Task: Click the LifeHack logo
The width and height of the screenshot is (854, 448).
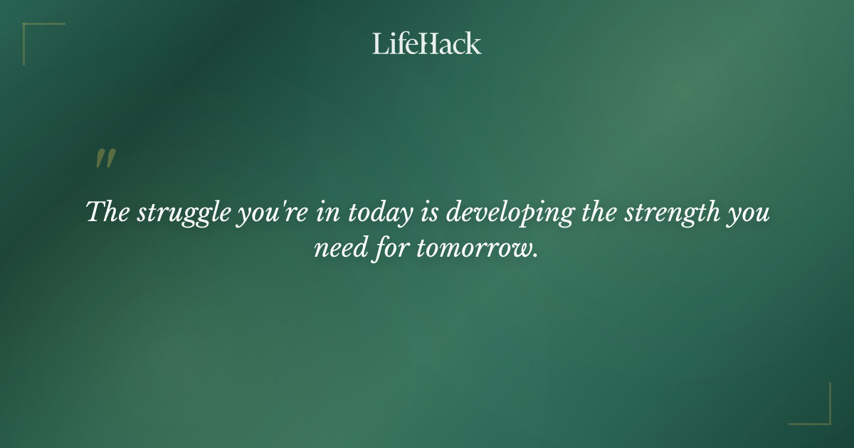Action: tap(427, 43)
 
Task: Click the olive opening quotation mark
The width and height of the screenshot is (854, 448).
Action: tap(105, 159)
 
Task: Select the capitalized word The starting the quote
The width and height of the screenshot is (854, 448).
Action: tap(105, 213)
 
